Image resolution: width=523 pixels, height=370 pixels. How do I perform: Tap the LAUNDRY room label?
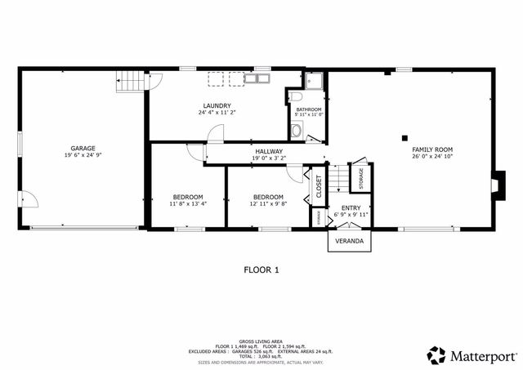tap(217, 105)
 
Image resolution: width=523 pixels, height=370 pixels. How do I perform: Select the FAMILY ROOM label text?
tap(432, 149)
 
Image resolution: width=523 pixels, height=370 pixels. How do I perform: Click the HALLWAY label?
tap(268, 151)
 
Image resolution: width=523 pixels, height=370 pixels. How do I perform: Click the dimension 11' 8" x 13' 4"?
tap(188, 204)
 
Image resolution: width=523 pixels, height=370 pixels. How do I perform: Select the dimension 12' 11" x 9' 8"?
tap(268, 204)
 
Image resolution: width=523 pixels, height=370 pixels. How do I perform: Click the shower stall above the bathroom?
tap(315, 81)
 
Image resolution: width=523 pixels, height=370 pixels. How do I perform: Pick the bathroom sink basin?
tap(297, 130)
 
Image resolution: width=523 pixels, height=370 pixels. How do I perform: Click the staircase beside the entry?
tap(338, 180)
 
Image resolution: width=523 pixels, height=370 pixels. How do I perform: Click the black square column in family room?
tap(404, 137)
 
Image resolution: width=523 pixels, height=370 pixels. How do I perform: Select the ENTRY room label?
tap(351, 208)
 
